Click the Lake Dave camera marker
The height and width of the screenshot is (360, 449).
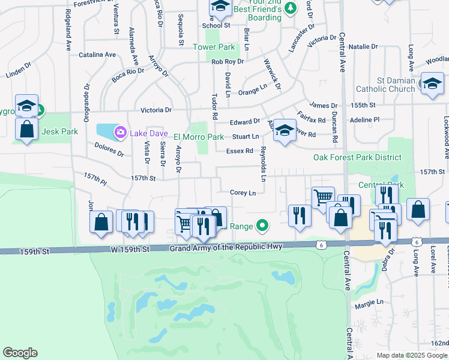pos(120,132)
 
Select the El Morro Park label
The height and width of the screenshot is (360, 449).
pos(199,137)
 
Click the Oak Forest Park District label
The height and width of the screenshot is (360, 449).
pos(357,157)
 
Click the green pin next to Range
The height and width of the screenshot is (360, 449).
pos(261,226)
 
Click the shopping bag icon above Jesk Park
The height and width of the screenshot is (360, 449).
pos(27,130)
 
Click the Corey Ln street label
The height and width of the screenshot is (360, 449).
pos(243,193)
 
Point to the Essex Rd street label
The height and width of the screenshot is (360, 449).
pos(240,151)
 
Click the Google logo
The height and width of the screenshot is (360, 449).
pos(20,353)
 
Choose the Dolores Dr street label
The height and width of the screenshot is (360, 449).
pos(109,149)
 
